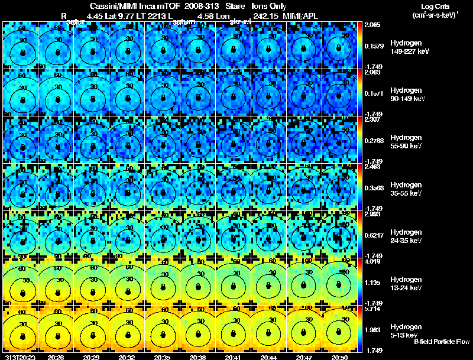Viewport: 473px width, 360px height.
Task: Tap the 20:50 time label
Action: [339, 357]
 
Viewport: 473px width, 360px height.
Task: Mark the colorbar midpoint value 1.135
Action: [373, 283]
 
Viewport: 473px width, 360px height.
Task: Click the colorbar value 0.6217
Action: [373, 235]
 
